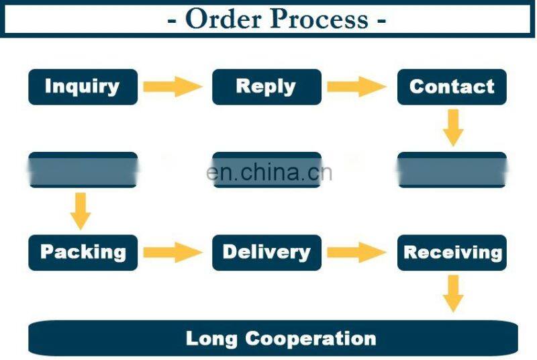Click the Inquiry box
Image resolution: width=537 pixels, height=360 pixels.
click(x=83, y=87)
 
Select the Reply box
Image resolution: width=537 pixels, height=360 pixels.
click(x=266, y=87)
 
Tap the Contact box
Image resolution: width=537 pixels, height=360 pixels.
click(x=452, y=87)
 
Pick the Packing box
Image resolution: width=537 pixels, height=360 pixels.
click(x=83, y=253)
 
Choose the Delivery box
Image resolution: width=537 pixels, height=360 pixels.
click(x=266, y=253)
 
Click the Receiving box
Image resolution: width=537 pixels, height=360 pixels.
click(x=452, y=253)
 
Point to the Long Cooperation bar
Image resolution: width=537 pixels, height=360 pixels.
click(x=273, y=338)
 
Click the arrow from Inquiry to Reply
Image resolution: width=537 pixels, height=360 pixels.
click(x=173, y=87)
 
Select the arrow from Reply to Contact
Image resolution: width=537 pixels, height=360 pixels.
click(x=356, y=87)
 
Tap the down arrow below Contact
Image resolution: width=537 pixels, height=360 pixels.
click(x=453, y=127)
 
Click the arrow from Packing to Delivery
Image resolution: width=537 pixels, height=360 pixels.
click(x=173, y=253)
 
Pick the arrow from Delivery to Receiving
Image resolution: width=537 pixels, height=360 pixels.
click(x=356, y=253)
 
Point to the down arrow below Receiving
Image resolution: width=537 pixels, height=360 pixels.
click(x=453, y=294)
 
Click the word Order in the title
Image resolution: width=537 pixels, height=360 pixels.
click(x=223, y=19)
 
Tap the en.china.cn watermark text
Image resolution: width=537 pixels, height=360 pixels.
click(x=269, y=172)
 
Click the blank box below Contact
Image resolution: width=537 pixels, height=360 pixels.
click(x=452, y=170)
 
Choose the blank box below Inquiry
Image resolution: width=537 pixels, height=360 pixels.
click(x=83, y=170)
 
